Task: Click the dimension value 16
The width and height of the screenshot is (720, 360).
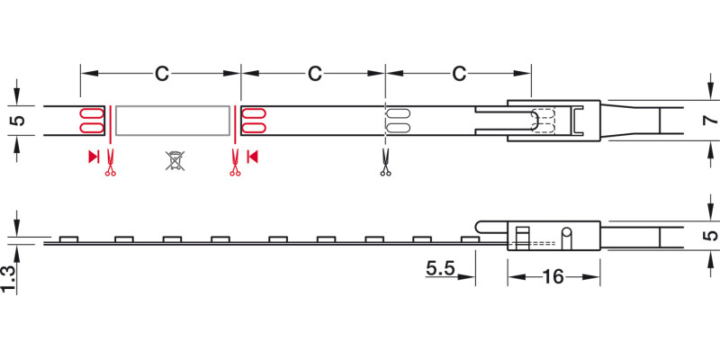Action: coord(553,277)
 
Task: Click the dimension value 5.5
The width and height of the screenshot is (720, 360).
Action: coord(440,269)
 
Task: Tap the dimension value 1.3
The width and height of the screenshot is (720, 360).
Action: coord(8,279)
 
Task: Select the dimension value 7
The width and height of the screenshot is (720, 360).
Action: coord(710,121)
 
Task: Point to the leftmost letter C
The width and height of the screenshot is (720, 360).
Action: coord(161,74)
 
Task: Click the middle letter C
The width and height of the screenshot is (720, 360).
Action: coord(314,74)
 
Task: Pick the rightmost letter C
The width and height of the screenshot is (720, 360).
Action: coord(459,74)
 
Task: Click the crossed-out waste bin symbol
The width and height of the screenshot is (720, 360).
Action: coord(175,160)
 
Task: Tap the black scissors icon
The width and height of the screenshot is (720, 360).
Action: coord(385,162)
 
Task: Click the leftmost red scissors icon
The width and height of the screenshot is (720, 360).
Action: coord(110,162)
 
